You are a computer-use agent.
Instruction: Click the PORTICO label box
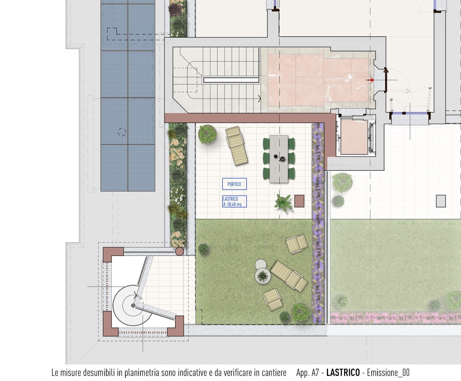[x=234, y=184]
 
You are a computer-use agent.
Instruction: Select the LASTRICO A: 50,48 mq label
[x=234, y=201]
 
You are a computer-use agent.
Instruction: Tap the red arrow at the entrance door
[x=370, y=80]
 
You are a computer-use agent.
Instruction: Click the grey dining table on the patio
[x=279, y=159]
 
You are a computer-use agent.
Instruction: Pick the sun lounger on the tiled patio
[x=237, y=146]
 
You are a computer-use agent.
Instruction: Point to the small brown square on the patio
[x=299, y=201]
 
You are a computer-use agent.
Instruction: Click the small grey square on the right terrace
[x=441, y=201]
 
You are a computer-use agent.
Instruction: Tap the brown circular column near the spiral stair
[x=179, y=251]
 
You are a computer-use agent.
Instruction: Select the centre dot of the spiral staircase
[x=133, y=306]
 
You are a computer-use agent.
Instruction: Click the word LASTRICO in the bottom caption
[x=343, y=373]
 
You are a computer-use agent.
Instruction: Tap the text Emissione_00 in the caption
[x=388, y=373]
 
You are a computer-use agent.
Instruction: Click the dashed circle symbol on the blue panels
[x=122, y=132]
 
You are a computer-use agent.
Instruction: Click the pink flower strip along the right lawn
[x=395, y=318]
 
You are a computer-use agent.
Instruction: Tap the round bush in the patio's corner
[x=207, y=134]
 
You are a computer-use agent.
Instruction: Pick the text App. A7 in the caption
[x=307, y=373]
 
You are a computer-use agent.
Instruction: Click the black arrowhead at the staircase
[x=259, y=99]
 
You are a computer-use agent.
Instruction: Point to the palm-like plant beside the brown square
[x=283, y=202]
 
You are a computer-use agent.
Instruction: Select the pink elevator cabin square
[x=354, y=137]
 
